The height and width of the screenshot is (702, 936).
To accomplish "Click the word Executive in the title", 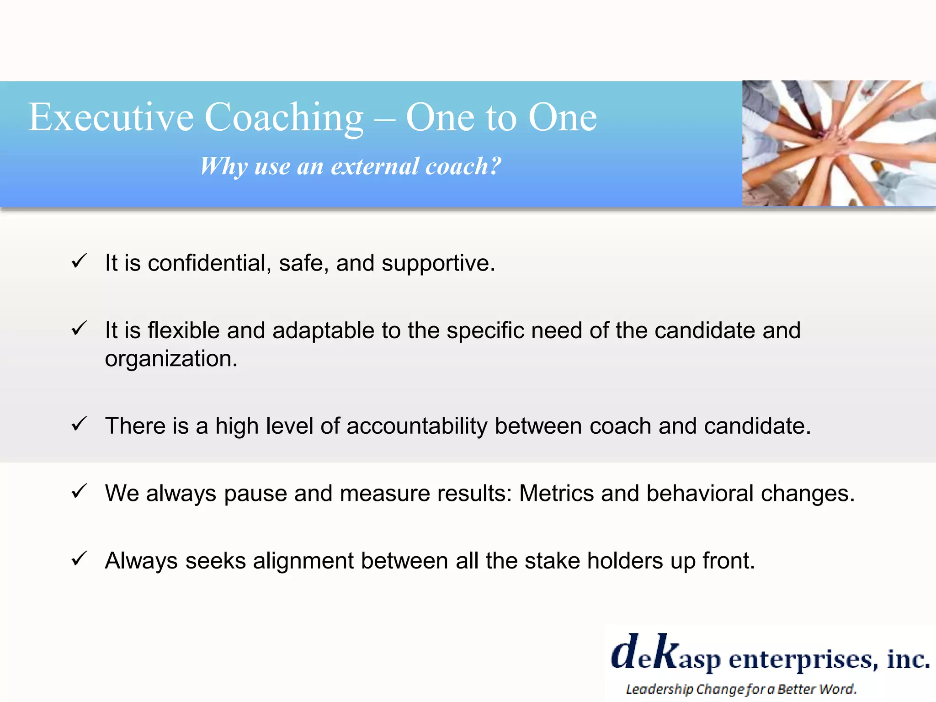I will point(111,117).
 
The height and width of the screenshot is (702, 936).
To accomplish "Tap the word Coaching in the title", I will point(284,117).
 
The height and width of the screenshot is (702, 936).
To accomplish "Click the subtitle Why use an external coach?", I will point(351,166).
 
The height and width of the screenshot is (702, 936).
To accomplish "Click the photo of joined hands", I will point(839,143).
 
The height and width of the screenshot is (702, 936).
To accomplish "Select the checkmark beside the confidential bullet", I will point(80,261).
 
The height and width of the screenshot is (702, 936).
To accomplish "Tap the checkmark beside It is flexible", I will point(80,329).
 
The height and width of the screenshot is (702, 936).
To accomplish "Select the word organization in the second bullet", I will point(171,359).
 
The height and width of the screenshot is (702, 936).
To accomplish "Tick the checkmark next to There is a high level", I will point(80,424).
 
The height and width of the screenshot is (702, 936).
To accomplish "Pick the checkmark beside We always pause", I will point(80,491).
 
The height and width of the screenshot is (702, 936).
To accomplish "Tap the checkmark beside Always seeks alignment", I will point(80,558).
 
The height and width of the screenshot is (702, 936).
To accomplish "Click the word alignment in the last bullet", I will point(303,561).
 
